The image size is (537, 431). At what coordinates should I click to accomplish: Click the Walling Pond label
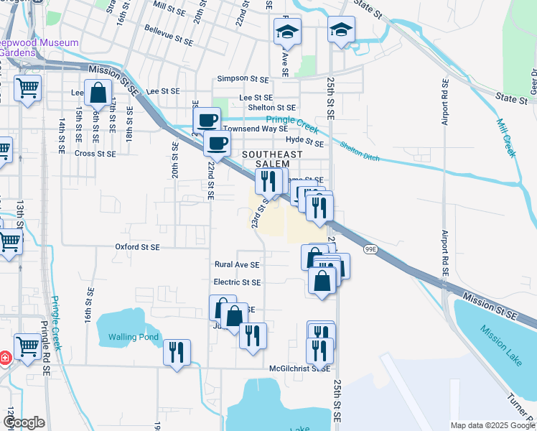[x=133, y=337]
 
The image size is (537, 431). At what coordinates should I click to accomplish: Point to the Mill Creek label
[x=506, y=137]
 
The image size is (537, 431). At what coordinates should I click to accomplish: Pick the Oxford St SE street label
[x=137, y=246]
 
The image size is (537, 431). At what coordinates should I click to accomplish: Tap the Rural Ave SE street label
[x=237, y=264]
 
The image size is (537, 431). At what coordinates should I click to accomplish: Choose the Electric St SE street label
[x=237, y=282]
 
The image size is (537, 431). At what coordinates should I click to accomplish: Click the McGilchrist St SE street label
[x=299, y=369]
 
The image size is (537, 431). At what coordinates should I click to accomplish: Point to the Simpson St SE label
[x=242, y=78]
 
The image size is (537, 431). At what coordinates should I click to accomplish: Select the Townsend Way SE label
[x=255, y=129]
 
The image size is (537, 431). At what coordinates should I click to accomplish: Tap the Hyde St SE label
[x=305, y=142]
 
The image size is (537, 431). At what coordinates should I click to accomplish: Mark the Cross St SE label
[x=95, y=153]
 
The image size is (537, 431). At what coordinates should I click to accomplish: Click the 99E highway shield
[x=370, y=249]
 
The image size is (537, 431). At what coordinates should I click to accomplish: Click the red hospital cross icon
[x=4, y=358]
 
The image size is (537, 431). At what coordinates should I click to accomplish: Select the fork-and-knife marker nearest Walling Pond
[x=177, y=353]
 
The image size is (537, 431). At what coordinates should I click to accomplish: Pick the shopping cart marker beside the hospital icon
[x=27, y=347]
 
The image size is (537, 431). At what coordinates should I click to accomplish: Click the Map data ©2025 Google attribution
[x=492, y=425]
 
